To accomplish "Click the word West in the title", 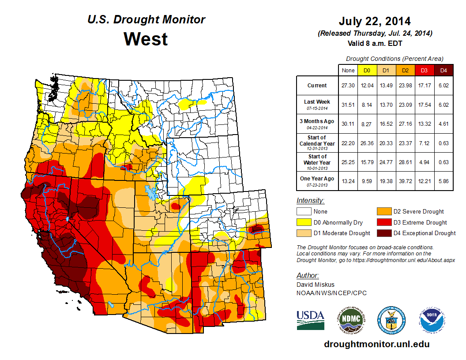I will coord(146,39).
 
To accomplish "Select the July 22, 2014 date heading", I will coord(375,21).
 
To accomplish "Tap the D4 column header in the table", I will coord(443,70).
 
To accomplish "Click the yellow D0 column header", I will coord(367,70).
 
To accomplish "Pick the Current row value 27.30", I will coord(348,86).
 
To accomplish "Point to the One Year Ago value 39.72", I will coord(405,180).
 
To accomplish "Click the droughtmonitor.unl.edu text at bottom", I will coord(376,344).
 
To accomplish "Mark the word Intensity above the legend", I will coord(311,201).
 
